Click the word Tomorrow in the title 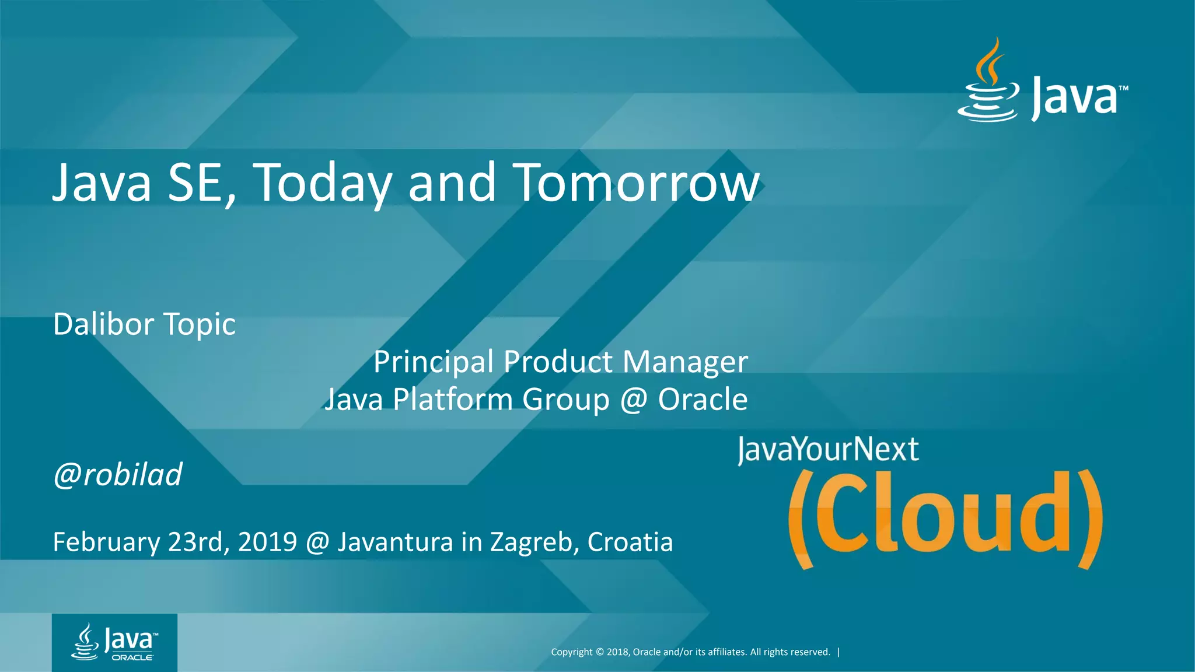[x=636, y=183]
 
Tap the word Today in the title [x=322, y=183]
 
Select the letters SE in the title [x=197, y=183]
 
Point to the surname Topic [x=200, y=325]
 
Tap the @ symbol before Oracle [x=634, y=400]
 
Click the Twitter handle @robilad [x=117, y=474]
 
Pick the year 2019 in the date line [x=267, y=542]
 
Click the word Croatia [x=630, y=542]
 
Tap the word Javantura [x=395, y=542]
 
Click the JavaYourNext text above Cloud [x=827, y=450]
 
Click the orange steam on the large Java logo [x=991, y=61]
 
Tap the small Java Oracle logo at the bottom [x=114, y=642]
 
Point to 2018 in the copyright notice [x=617, y=652]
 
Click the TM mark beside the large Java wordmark [x=1123, y=88]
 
